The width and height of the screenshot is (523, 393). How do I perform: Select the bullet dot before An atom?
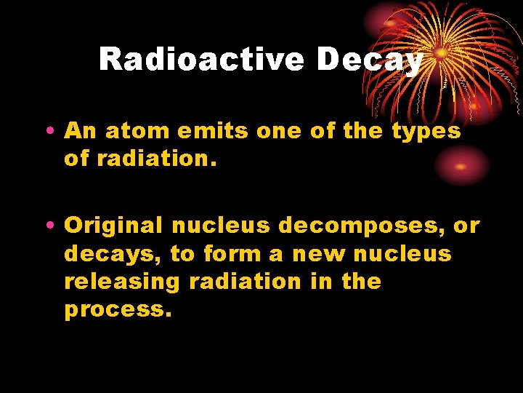click(48, 132)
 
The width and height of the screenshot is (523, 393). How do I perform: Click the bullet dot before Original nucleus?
click(48, 226)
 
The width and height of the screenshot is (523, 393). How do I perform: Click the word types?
click(426, 132)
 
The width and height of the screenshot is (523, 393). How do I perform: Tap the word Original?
click(113, 226)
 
